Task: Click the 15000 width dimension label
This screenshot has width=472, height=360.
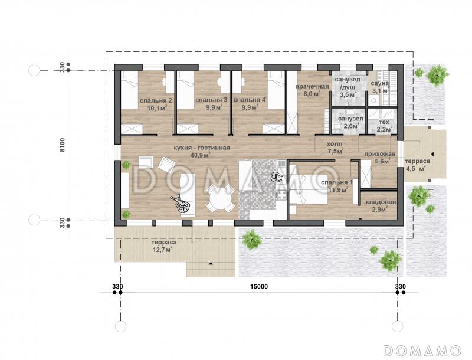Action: [259, 287]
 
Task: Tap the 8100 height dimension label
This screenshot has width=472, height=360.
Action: [63, 145]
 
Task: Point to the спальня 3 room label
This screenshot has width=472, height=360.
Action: [211, 100]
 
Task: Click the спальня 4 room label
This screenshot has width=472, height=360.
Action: [250, 100]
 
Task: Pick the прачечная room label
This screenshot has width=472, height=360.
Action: [312, 87]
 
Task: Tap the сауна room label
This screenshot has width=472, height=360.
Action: [379, 83]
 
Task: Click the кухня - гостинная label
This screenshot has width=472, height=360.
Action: [202, 148]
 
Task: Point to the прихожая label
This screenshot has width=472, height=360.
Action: [379, 154]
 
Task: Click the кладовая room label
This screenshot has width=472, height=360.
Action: [381, 202]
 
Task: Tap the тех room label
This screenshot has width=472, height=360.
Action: [384, 122]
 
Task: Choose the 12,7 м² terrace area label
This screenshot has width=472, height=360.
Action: [163, 249]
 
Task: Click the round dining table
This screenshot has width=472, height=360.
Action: [221, 198]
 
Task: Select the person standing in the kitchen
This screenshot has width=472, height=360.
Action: [276, 176]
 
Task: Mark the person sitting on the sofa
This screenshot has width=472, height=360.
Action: [182, 204]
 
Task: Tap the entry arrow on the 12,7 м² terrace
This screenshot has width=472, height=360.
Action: [211, 263]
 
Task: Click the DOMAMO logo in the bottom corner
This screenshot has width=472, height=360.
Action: [422, 351]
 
